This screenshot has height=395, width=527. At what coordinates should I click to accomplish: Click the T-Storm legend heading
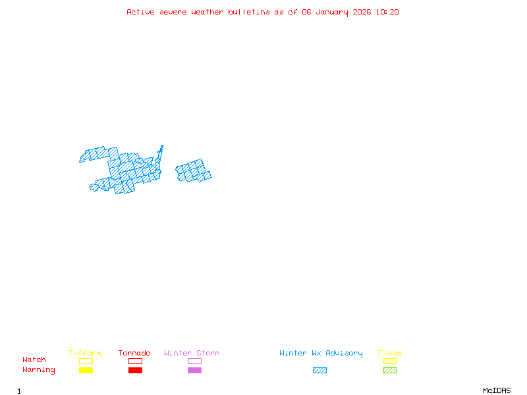coord(85,354)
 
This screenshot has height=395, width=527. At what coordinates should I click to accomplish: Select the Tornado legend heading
coord(134,354)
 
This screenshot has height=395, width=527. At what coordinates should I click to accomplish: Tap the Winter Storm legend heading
coord(192,354)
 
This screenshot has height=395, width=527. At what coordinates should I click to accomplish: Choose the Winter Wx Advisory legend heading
coord(321,354)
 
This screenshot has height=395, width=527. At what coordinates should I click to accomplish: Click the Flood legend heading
coord(390,354)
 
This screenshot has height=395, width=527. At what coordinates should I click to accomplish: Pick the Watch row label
coord(34,360)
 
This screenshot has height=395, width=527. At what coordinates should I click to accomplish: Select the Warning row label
coord(39,370)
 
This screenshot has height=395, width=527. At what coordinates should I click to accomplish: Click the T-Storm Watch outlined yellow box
coord(86,361)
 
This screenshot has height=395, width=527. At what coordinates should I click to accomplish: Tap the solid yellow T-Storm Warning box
coord(86,371)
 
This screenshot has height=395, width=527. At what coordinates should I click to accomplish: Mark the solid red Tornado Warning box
coord(135,371)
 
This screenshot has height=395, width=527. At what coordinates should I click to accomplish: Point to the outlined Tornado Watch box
coord(135,361)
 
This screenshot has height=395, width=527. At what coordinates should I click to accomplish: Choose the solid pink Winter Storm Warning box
coord(194,371)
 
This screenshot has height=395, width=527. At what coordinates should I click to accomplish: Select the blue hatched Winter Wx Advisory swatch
coord(319,371)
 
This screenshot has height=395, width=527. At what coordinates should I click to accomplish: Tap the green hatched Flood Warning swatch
coord(390,371)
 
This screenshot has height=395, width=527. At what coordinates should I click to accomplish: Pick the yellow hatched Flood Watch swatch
coord(390,361)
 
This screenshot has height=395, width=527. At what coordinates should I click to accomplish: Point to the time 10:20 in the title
coord(388,12)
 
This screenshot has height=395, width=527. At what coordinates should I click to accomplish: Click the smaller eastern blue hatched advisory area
coord(194,171)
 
